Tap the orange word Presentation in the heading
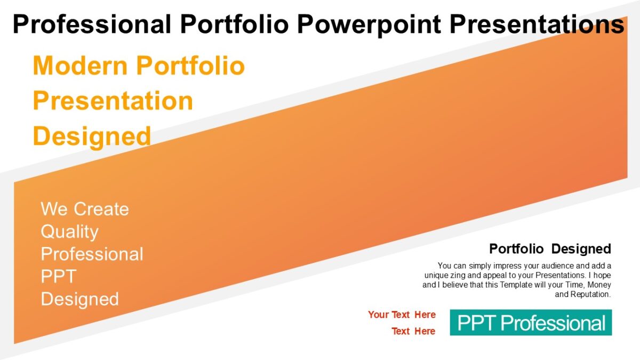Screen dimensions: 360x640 click(x=113, y=101)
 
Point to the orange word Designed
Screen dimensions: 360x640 click(x=92, y=136)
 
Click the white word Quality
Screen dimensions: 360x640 click(x=69, y=231)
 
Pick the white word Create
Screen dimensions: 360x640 click(x=101, y=209)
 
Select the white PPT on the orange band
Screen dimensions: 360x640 click(x=59, y=276)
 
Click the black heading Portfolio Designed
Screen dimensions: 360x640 click(x=550, y=249)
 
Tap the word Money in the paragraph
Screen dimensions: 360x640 click(x=599, y=285)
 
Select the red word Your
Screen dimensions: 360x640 click(x=378, y=315)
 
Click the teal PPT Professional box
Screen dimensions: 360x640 click(x=531, y=323)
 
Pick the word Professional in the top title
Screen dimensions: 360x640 click(x=92, y=24)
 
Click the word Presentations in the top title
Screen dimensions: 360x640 click(x=537, y=24)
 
